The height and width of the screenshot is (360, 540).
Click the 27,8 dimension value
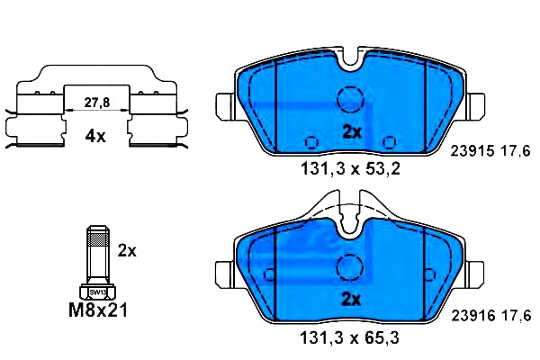pos(97,103)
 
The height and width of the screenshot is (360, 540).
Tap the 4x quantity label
pos(95,137)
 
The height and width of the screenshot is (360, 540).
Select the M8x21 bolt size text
pos(98,310)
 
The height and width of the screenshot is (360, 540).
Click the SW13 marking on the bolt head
pos(98,292)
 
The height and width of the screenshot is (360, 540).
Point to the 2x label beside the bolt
pos(127,250)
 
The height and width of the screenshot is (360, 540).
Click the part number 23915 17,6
pos(490,151)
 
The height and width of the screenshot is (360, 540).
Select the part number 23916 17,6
pos(490,315)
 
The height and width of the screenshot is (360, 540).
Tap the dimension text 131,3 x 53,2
pos(351,169)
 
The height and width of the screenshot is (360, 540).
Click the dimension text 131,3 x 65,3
pos(350,338)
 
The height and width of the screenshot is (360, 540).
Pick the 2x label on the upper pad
pos(352,132)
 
